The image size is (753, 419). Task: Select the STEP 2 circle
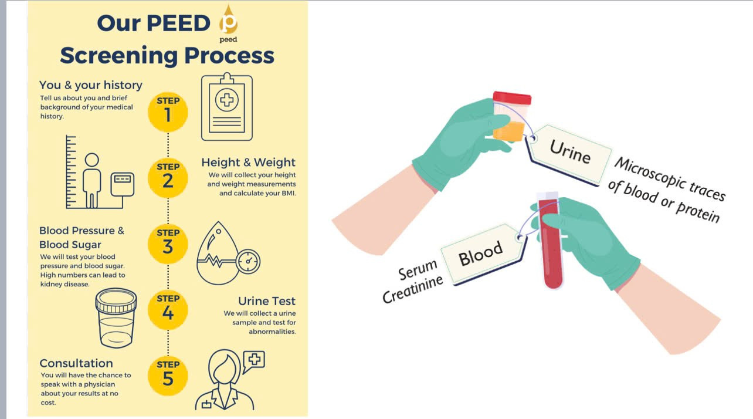(168, 177)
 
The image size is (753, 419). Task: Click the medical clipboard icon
(226, 107)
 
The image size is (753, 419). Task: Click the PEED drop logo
(229, 22)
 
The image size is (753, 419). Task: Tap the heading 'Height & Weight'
(248, 163)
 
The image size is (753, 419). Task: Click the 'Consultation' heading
(76, 363)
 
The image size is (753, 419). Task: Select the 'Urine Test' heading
(266, 302)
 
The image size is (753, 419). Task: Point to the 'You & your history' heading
(91, 85)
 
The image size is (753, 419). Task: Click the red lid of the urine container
(512, 98)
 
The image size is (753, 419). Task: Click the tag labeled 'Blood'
(480, 253)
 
